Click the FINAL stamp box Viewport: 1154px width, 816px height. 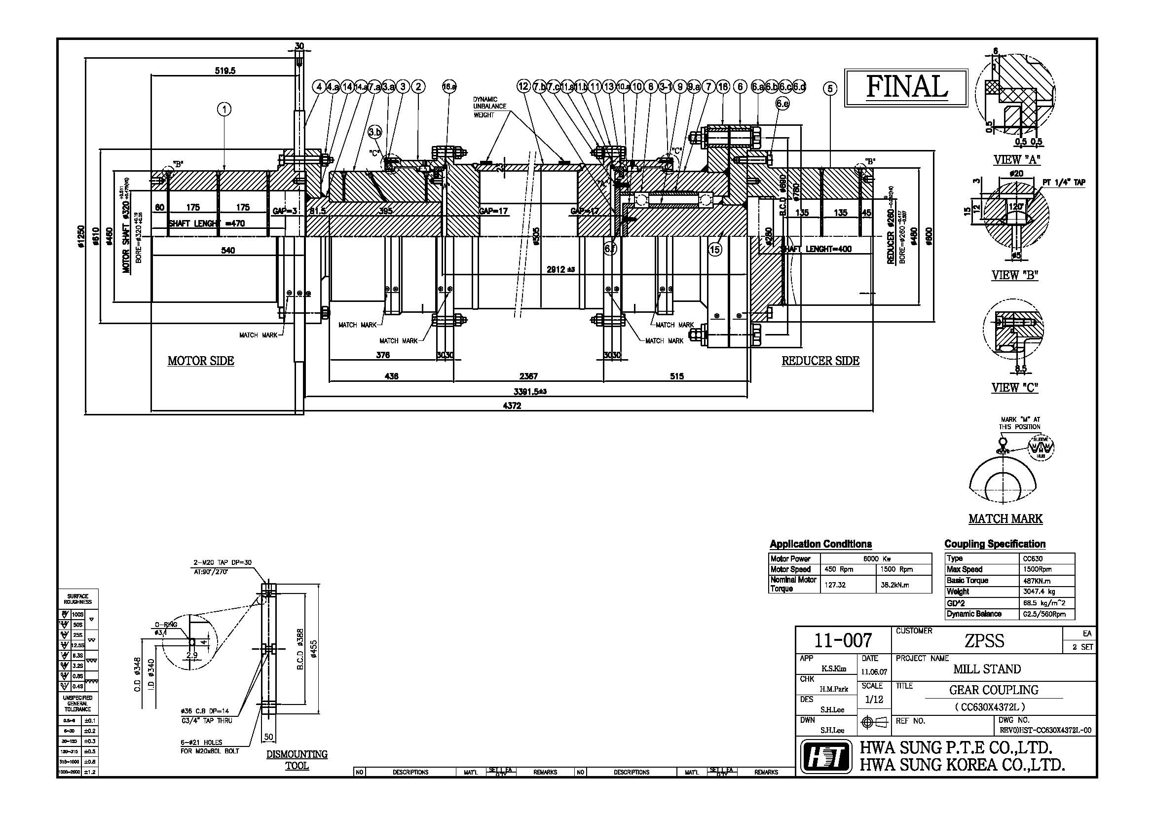[906, 88]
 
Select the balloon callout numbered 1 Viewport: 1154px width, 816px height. [224, 109]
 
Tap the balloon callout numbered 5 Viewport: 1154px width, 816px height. [830, 89]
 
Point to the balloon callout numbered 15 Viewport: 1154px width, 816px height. [715, 249]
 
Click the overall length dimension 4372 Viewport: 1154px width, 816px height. [512, 406]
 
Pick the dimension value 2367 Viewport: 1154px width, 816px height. [528, 376]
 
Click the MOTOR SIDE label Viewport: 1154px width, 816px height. [200, 361]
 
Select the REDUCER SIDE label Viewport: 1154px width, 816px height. [820, 361]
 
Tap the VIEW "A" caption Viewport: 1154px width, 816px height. [1016, 160]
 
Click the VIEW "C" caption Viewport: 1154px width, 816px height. [1014, 387]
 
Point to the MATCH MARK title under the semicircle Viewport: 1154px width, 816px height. [1005, 519]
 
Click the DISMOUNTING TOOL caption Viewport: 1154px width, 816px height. [297, 760]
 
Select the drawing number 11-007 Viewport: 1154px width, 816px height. [843, 640]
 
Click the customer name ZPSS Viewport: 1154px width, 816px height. [984, 641]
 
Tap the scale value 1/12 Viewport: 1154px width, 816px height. [874, 700]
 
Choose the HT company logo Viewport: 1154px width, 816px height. [825, 757]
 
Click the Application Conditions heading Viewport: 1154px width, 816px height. [820, 544]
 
